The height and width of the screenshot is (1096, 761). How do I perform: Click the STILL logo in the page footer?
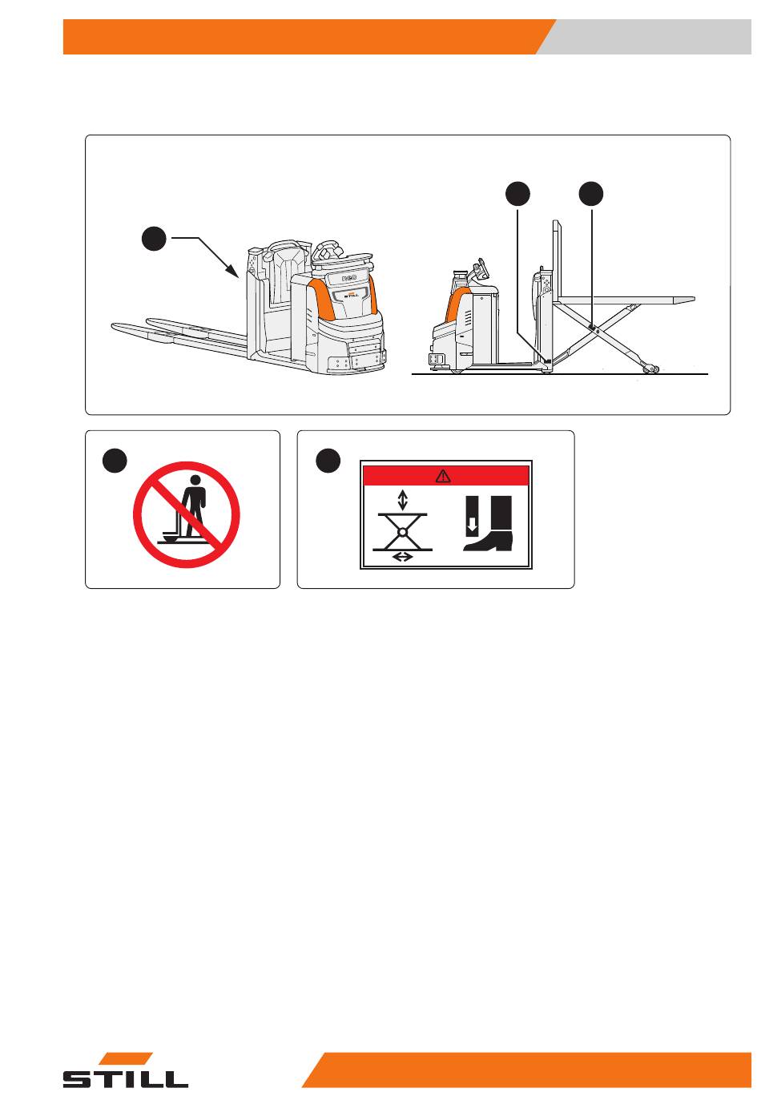coord(125,1071)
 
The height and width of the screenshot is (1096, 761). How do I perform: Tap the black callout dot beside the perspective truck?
coord(154,238)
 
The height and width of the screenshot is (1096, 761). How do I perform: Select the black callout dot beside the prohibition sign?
coord(115,461)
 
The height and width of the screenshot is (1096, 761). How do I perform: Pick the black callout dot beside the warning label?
coord(328,461)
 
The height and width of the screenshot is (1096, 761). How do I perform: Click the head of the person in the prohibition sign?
coord(195,480)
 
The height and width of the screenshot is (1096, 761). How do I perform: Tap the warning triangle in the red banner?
coord(443,476)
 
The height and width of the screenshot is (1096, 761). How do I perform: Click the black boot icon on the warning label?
coord(489,523)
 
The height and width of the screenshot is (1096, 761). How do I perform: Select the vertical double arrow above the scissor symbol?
coord(402,501)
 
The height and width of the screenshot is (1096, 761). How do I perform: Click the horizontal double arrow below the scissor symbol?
coord(402,557)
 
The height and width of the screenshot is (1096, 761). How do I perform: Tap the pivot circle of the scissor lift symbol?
coord(402,532)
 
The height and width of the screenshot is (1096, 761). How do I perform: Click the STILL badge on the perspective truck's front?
coord(351,296)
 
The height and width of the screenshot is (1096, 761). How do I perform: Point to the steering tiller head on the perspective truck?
coord(329,249)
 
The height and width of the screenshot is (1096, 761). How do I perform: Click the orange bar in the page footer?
coord(527,1070)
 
